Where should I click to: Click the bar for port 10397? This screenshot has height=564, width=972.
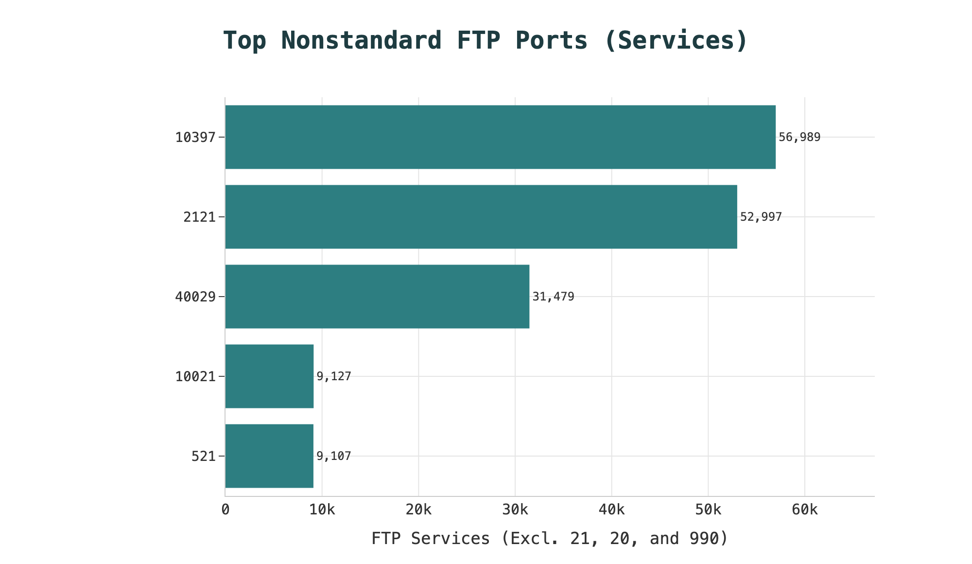(x=500, y=137)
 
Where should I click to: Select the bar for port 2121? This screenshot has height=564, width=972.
(x=481, y=217)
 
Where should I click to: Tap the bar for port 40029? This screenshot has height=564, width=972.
(x=377, y=297)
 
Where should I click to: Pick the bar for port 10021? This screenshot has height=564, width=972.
(x=269, y=376)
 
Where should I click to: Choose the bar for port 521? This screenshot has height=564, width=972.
(x=269, y=456)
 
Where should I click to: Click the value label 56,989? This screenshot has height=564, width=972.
(x=799, y=137)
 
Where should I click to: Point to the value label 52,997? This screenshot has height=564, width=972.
(x=761, y=217)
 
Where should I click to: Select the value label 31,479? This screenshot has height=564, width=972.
(x=553, y=297)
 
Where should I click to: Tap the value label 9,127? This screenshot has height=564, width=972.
(x=333, y=376)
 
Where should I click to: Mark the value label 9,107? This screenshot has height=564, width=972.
(x=333, y=456)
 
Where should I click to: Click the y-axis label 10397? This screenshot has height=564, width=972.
(x=195, y=138)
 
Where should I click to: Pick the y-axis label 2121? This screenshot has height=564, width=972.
(x=199, y=217)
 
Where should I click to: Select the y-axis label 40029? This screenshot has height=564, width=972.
(x=195, y=297)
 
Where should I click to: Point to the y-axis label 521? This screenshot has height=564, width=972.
(x=204, y=457)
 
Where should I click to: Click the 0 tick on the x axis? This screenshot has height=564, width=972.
(x=225, y=510)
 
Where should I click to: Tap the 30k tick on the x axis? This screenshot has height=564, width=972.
(x=515, y=510)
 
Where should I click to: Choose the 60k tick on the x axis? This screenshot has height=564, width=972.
(x=805, y=510)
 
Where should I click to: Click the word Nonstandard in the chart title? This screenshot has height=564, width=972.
(x=362, y=40)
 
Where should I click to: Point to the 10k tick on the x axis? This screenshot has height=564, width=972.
(x=322, y=510)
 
